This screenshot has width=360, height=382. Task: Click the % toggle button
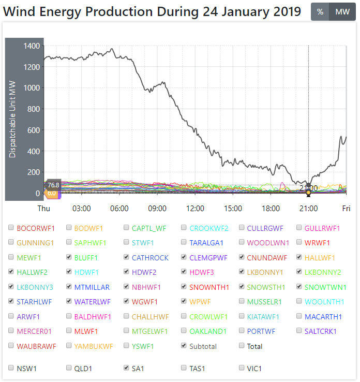[320, 12]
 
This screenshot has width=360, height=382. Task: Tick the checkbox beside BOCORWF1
[11, 228]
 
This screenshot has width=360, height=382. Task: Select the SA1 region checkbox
[127, 368]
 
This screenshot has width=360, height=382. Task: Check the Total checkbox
[242, 346]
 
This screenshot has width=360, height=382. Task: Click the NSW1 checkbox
[11, 368]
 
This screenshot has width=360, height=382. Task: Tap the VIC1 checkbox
[242, 368]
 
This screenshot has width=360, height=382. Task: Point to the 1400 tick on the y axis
[32, 46]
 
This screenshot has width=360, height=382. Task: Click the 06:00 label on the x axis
[119, 209]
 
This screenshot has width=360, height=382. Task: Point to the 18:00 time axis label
[271, 209]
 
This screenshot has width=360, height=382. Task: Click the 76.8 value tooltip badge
[53, 185]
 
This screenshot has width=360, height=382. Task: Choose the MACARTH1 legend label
[322, 316]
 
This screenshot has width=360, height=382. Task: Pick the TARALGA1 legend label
[206, 242]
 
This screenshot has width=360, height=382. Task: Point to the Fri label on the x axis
[346, 209]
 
